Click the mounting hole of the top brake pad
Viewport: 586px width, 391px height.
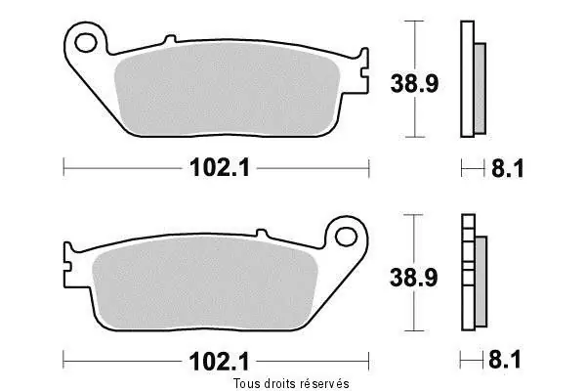(x=86, y=43)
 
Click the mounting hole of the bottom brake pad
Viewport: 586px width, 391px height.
(x=346, y=237)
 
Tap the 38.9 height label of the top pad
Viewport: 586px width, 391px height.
(x=414, y=83)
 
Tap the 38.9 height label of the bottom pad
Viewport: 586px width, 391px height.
(x=413, y=278)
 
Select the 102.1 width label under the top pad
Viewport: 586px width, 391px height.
(x=220, y=167)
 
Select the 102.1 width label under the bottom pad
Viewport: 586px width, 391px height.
(x=219, y=362)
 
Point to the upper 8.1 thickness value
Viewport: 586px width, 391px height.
(x=508, y=168)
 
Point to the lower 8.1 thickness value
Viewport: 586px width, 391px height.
(x=505, y=360)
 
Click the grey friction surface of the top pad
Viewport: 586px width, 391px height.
(x=227, y=89)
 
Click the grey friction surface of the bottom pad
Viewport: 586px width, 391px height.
(x=205, y=282)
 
